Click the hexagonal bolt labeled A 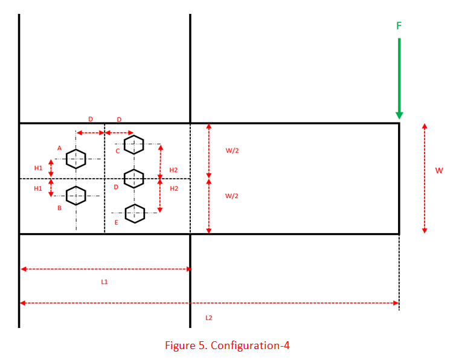(76, 159)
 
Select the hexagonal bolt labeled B (76, 195)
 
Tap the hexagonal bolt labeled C (133, 144)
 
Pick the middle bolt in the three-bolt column (133, 178)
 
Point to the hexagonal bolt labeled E (135, 213)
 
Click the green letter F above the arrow (399, 26)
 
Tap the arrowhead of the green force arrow (399, 115)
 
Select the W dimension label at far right (439, 171)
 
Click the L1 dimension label (104, 282)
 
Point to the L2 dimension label (209, 318)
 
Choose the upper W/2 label (232, 150)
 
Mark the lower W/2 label (232, 196)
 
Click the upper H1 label (38, 168)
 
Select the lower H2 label (174, 188)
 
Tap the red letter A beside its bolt (59, 148)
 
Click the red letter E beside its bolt (116, 222)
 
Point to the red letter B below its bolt (59, 208)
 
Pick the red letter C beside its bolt (117, 151)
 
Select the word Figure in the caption (179, 346)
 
